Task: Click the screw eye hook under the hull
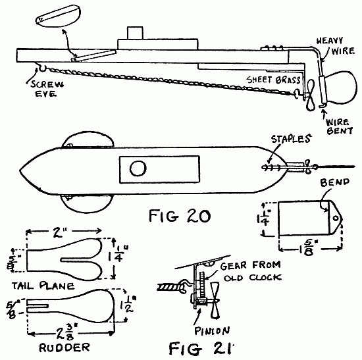40,66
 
